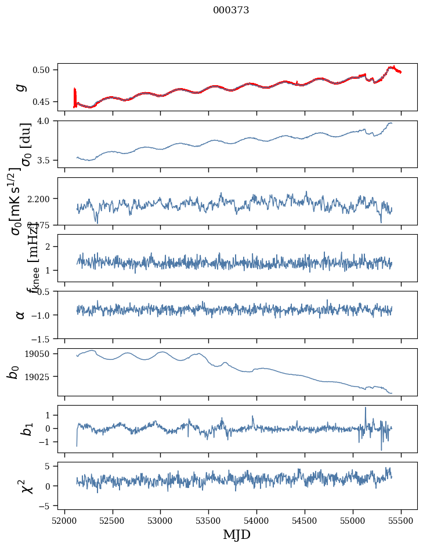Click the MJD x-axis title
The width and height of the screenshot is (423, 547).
pyautogui.click(x=237, y=534)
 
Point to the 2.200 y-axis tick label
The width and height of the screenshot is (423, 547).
pyautogui.click(x=42, y=199)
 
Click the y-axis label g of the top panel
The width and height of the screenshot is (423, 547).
pyautogui.click(x=21, y=87)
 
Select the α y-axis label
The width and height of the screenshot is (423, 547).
pyautogui.click(x=21, y=315)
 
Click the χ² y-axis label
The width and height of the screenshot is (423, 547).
pyautogui.click(x=21, y=486)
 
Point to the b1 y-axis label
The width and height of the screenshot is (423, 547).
pyautogui.click(x=21, y=429)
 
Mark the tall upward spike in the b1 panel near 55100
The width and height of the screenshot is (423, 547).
pyautogui.click(x=366, y=408)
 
